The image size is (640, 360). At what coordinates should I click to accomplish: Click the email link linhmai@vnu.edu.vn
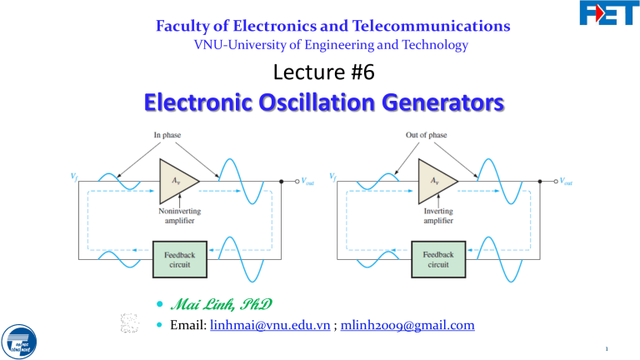253,326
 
